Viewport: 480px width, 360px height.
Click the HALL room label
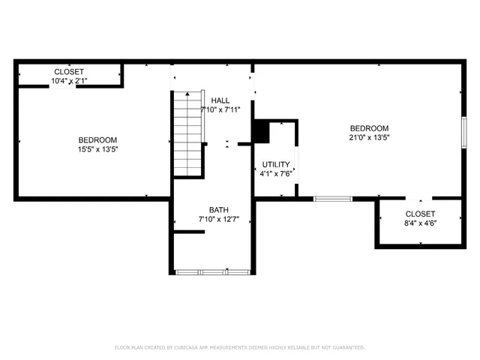(x=220, y=100)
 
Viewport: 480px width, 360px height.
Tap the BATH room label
(x=218, y=210)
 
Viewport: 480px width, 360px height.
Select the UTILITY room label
(x=275, y=164)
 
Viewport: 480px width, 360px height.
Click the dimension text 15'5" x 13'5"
(x=98, y=149)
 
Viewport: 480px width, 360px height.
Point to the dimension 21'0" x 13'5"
(x=368, y=137)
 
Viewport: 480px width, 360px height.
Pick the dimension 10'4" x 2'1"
(x=68, y=80)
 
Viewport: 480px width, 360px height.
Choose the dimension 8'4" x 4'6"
(x=420, y=223)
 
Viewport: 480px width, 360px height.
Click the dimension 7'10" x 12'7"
(x=218, y=220)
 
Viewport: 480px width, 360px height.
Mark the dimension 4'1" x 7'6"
(x=275, y=174)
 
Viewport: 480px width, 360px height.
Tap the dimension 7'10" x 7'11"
(x=220, y=110)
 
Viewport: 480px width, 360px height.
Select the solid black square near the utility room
(x=260, y=131)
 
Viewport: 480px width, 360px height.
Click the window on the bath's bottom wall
(x=211, y=271)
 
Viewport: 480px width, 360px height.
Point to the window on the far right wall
(x=464, y=131)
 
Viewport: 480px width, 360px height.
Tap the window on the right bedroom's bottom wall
(x=332, y=199)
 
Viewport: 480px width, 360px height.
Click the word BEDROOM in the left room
(x=98, y=139)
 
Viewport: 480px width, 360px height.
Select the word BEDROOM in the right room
(x=368, y=127)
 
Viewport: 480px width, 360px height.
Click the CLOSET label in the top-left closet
(x=68, y=71)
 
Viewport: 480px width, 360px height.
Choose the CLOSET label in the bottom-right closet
(x=420, y=214)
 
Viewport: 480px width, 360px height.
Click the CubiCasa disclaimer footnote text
(x=239, y=347)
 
